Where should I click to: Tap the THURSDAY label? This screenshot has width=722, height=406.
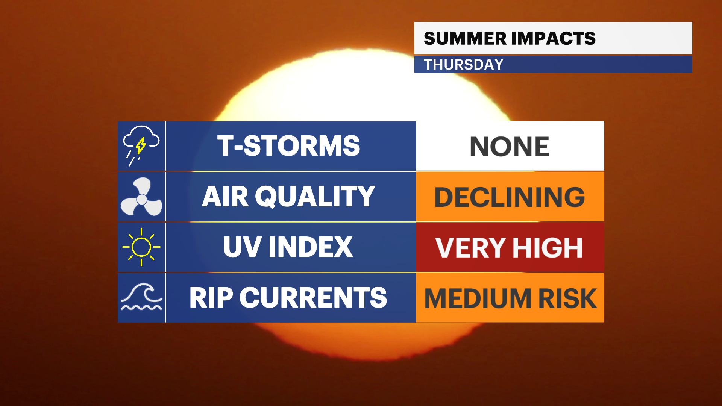point(464,65)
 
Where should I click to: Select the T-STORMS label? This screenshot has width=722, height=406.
point(288,146)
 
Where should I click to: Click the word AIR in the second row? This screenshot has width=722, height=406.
point(225,196)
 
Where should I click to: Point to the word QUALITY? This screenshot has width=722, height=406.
point(315,197)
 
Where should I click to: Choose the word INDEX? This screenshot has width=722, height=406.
point(311,247)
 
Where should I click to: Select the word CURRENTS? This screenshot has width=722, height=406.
point(313,298)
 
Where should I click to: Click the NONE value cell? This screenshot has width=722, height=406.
point(510,146)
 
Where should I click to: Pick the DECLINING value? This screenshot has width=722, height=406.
point(510,197)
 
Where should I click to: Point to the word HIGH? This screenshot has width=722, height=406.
point(548,248)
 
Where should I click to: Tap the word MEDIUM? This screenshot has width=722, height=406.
point(478,298)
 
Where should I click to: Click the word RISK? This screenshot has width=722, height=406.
point(568,298)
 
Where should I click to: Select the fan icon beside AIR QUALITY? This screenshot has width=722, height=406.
point(141,197)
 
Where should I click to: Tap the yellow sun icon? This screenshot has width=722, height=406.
point(141,247)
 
